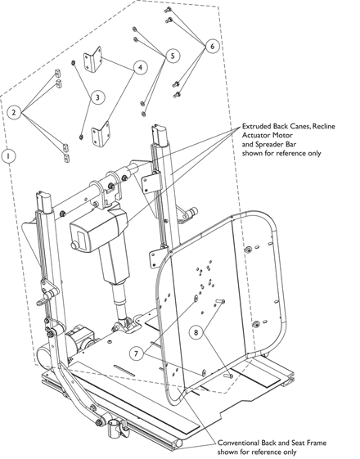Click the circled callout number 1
(8, 155)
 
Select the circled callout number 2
(13, 112)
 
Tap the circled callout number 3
(97, 97)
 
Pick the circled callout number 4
(141, 67)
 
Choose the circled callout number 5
(173, 56)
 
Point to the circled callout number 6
(212, 46)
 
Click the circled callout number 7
(137, 353)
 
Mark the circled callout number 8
(196, 332)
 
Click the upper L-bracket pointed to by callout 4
(92, 59)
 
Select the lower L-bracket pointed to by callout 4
(101, 134)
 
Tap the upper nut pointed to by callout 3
(74, 63)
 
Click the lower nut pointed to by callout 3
(80, 137)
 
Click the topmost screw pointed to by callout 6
(169, 10)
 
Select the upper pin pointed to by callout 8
(221, 301)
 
